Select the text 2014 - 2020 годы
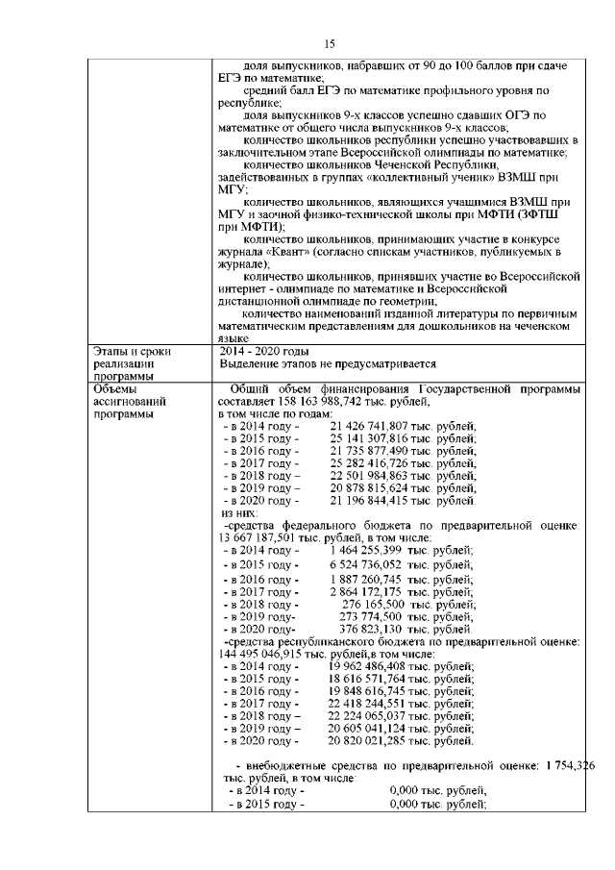(x=264, y=351)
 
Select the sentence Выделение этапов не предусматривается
(x=327, y=364)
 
